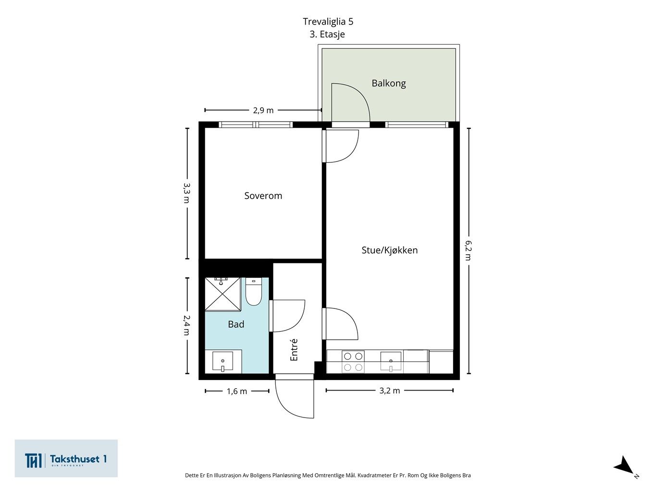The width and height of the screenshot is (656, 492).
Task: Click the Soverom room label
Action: (x=263, y=196)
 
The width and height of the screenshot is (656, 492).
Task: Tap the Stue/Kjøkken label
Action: (x=389, y=250)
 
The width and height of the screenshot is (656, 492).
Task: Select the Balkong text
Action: (x=388, y=83)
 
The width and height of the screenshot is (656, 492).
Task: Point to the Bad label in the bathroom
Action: (x=236, y=324)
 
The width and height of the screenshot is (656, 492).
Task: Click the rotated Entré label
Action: (x=294, y=349)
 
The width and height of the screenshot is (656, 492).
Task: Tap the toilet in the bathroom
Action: (x=254, y=291)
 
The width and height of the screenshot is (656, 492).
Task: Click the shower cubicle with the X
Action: (x=223, y=294)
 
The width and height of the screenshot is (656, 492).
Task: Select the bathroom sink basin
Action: (x=223, y=361)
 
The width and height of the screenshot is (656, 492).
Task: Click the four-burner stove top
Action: (x=353, y=361)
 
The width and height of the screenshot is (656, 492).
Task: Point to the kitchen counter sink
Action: (x=391, y=361)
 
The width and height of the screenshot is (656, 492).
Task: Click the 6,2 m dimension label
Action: (x=468, y=250)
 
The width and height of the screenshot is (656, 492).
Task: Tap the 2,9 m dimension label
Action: (x=263, y=111)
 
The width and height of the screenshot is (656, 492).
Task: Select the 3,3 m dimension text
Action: (x=187, y=193)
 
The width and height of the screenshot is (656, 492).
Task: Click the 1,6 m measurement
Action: (x=237, y=391)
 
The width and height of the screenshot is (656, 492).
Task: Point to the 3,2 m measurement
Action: (x=389, y=391)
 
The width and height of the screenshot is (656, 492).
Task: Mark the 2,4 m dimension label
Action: (x=187, y=325)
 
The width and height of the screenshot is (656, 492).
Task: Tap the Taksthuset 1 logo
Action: (x=66, y=458)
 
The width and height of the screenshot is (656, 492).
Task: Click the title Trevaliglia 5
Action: (x=328, y=22)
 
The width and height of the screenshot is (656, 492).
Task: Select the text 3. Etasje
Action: (x=327, y=34)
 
